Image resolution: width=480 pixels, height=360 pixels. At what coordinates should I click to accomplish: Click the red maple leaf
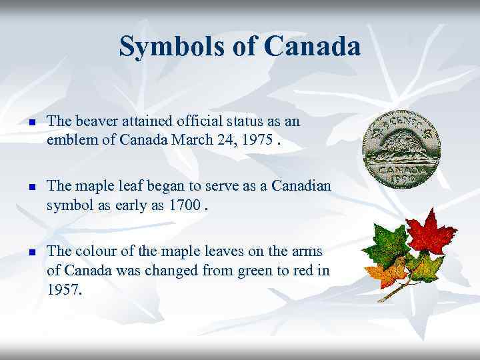click(431, 234)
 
